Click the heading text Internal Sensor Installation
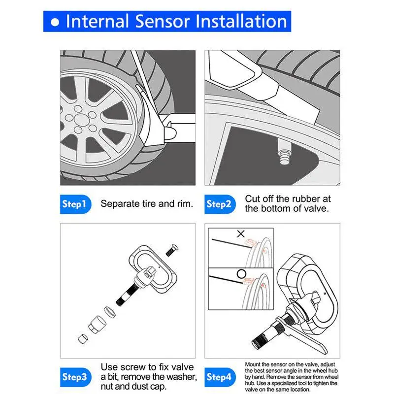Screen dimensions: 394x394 (176, 21)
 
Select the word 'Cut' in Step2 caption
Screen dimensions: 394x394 (253, 198)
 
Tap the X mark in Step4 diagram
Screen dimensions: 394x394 (241, 234)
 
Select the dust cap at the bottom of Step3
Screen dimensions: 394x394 (83, 338)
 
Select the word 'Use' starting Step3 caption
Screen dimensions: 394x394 (109, 366)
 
